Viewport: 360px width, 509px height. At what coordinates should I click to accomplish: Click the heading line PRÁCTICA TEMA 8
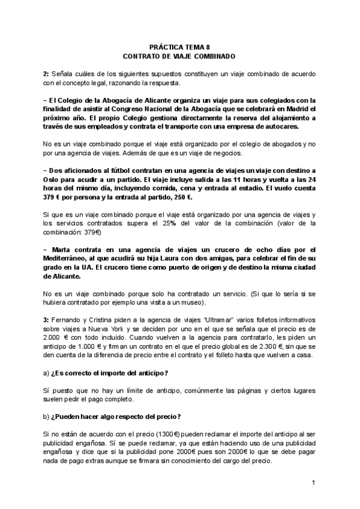click(x=179, y=47)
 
